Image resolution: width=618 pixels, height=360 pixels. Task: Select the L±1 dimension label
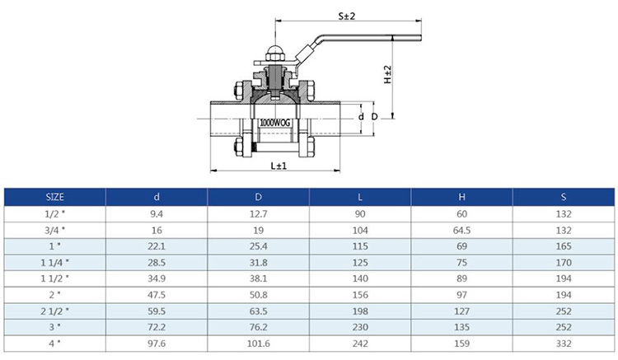(x=278, y=166)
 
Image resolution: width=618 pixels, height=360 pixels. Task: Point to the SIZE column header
(x=54, y=197)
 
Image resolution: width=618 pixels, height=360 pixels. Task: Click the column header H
(x=461, y=197)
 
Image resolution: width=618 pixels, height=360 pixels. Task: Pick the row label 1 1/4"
(x=54, y=261)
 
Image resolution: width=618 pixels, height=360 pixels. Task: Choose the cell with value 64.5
(x=461, y=230)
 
